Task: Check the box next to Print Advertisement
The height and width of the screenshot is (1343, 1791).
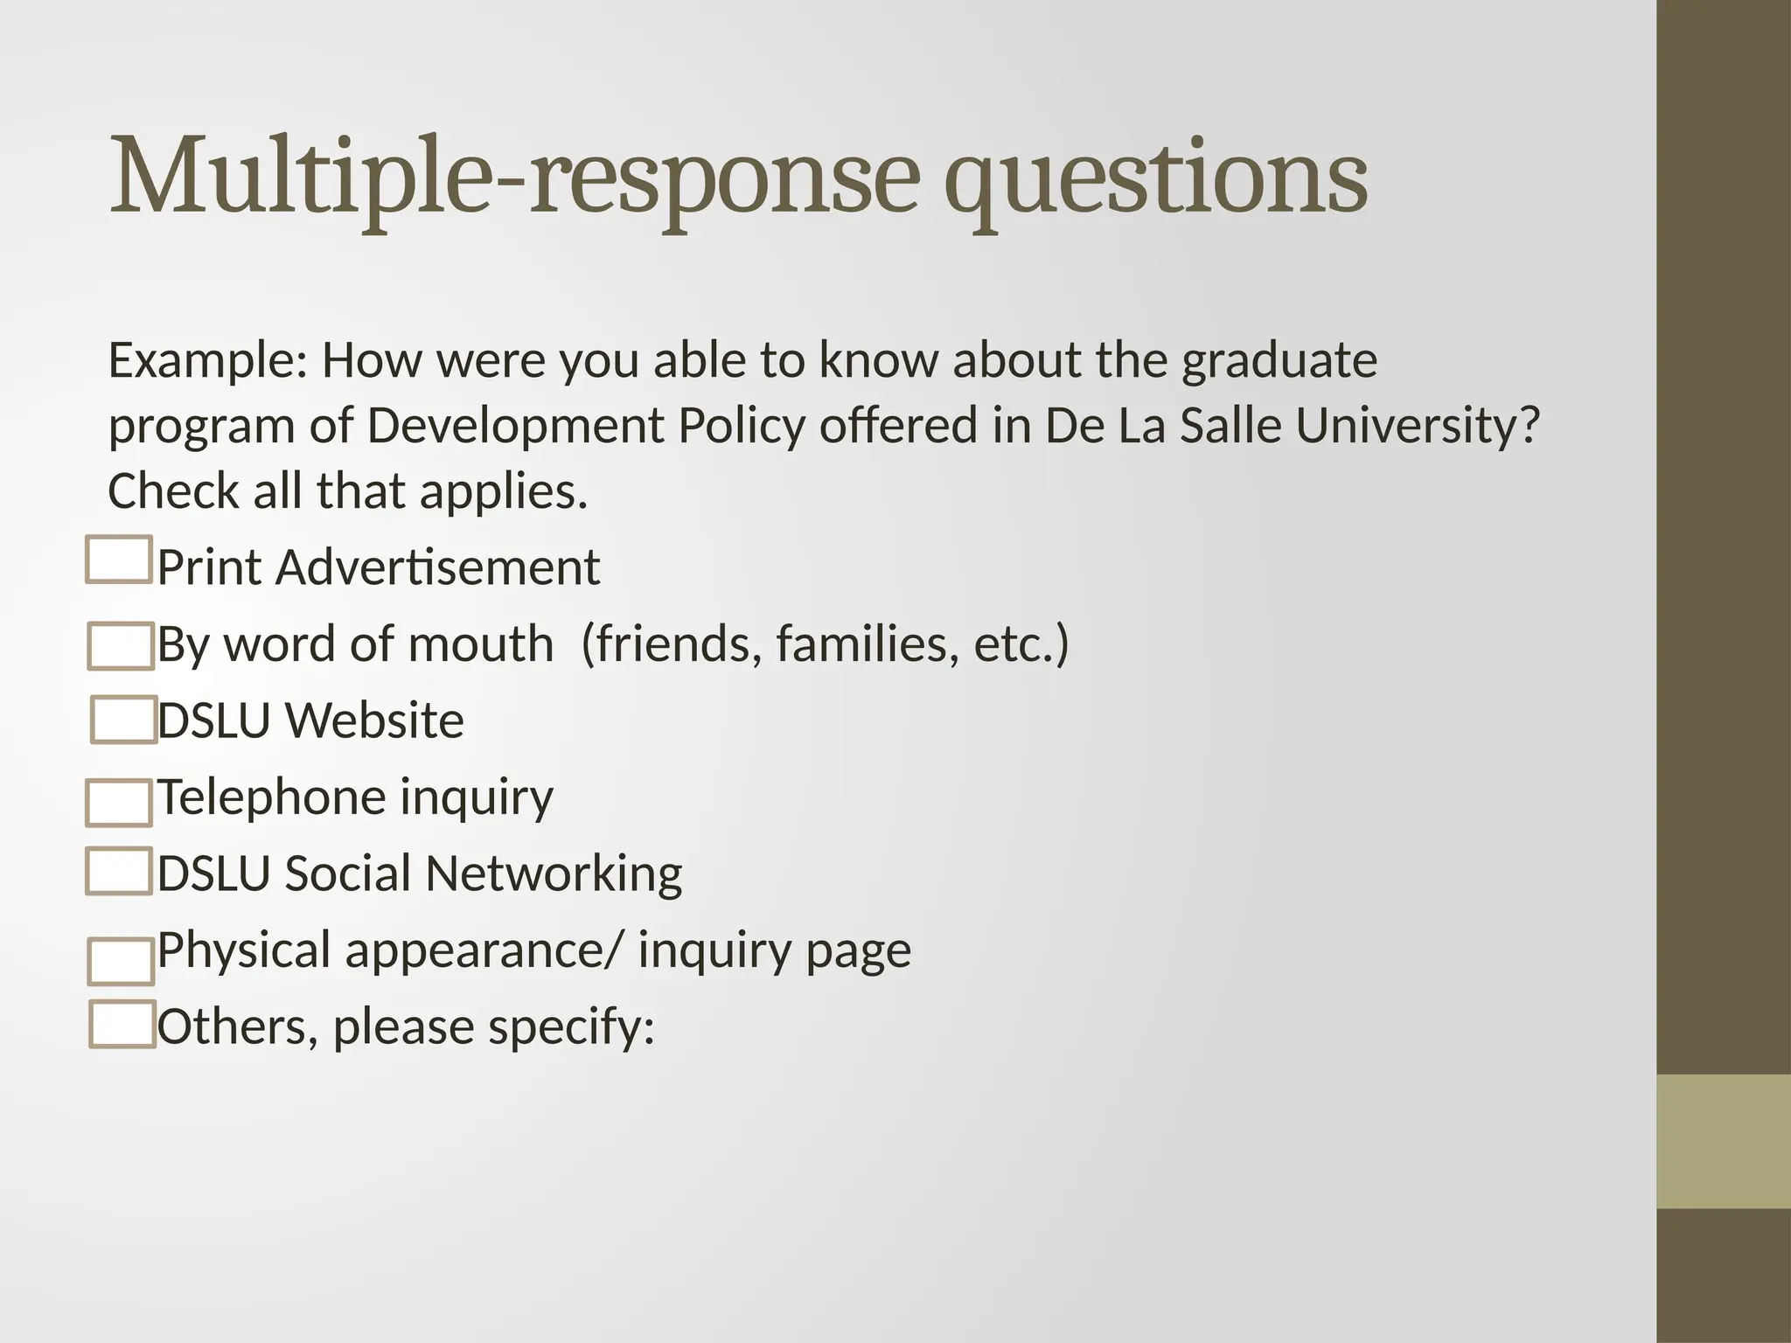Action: pyautogui.click(x=120, y=560)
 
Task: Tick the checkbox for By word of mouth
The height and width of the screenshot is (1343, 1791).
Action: pyautogui.click(x=122, y=646)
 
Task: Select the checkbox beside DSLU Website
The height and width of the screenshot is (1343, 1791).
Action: pyautogui.click(x=124, y=720)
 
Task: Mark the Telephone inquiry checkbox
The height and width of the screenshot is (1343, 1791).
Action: pyautogui.click(x=119, y=803)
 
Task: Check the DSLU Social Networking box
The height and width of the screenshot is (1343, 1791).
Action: pyautogui.click(x=120, y=871)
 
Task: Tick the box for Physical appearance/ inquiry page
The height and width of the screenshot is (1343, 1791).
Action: pyautogui.click(x=122, y=961)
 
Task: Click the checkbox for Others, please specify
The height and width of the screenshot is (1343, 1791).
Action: pyautogui.click(x=122, y=1024)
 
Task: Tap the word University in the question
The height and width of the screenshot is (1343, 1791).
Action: pyautogui.click(x=1417, y=426)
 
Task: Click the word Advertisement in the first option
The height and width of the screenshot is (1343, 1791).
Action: pyautogui.click(x=438, y=567)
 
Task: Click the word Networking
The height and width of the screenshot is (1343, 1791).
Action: pyautogui.click(x=554, y=873)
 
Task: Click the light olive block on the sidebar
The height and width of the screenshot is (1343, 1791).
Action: pyautogui.click(x=1723, y=1141)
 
